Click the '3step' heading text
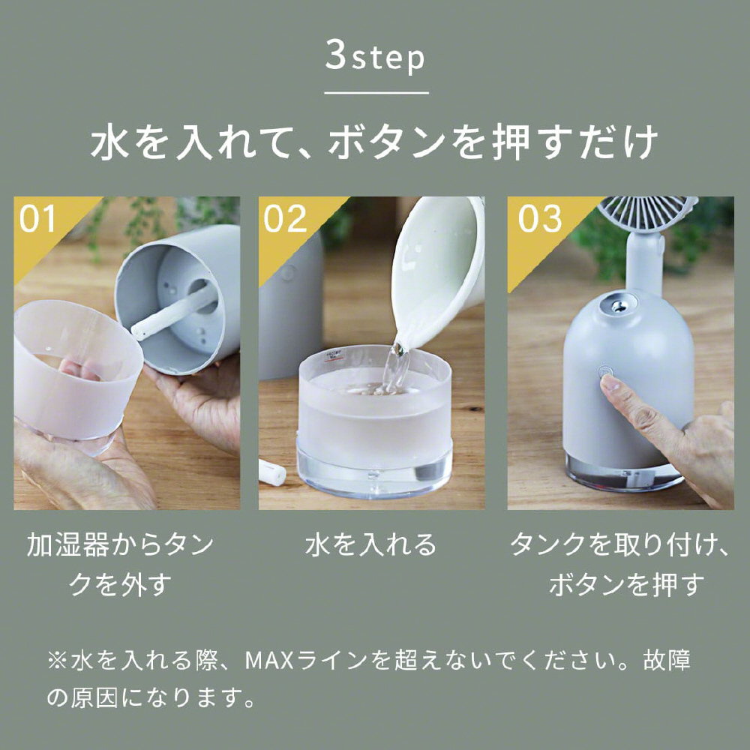(375, 57)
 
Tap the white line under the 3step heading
(376, 93)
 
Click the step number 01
(37, 220)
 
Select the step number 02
(285, 220)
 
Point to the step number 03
(540, 220)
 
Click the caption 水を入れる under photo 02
(370, 544)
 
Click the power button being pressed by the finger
(605, 371)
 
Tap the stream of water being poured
(395, 367)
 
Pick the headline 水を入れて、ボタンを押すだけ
(374, 142)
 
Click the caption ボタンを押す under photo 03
(627, 584)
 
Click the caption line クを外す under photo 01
(119, 584)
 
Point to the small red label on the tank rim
(329, 356)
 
